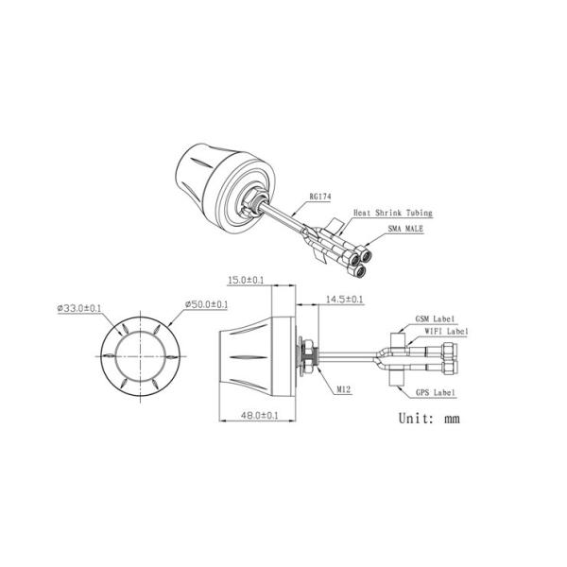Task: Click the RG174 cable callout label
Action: pos(320,197)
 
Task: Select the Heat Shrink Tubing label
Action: pos(393,213)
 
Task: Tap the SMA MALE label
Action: pos(405,229)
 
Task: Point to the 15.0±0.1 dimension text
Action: pos(246,281)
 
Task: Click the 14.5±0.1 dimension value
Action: pos(344,300)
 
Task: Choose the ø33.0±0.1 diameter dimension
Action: pos(79,308)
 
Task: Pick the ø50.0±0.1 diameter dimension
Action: pos(206,304)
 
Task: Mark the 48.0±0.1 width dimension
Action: pos(260,415)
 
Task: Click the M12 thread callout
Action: pos(344,389)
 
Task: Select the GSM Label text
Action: pos(435,319)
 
